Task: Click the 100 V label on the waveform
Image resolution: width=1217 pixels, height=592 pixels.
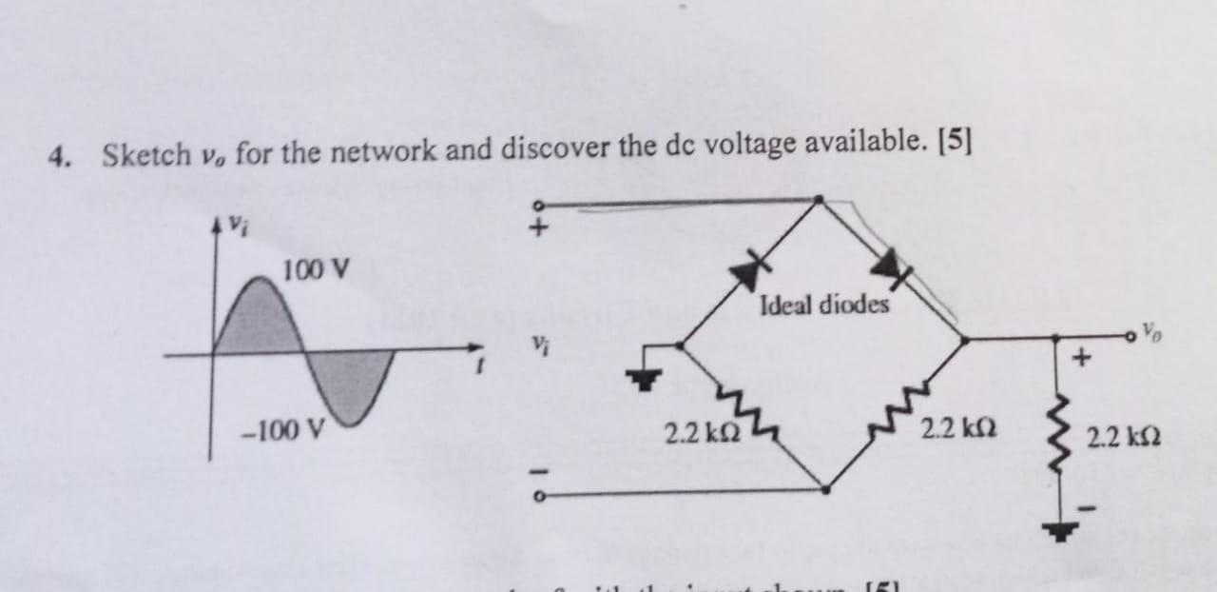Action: pyautogui.click(x=315, y=269)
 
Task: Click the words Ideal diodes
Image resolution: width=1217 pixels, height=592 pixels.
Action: pyautogui.click(x=824, y=306)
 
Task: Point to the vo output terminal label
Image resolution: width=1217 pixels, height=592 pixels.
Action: pyautogui.click(x=1151, y=334)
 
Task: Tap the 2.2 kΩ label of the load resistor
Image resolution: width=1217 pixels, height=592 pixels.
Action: pyautogui.click(x=1123, y=439)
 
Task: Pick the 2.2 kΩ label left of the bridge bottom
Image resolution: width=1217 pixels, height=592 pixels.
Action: pyautogui.click(x=698, y=435)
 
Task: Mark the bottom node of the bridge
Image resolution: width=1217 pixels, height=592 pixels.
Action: pyautogui.click(x=823, y=489)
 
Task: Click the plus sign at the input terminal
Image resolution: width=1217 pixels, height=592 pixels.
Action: pyautogui.click(x=540, y=227)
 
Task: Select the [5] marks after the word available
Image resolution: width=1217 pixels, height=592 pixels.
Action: pyautogui.click(x=954, y=142)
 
